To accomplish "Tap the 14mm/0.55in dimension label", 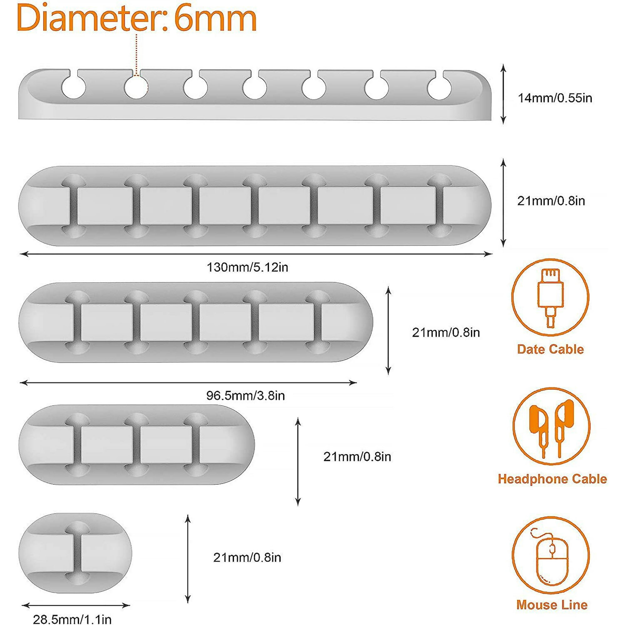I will (555, 98).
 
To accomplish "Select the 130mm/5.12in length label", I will (247, 267).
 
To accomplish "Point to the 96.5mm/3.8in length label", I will (245, 395).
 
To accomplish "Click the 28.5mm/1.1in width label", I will (72, 619).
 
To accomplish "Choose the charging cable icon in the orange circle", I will (550, 297).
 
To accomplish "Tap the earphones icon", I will (551, 426).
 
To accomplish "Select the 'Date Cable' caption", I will (550, 349).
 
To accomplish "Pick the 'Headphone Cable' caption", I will (552, 479).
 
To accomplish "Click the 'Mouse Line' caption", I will (552, 605).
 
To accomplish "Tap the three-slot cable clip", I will (137, 444).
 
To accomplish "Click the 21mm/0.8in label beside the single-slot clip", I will (247, 557).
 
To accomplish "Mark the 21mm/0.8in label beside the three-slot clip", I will (357, 457).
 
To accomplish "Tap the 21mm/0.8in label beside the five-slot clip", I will (446, 332).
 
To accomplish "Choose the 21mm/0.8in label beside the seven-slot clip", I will (551, 201).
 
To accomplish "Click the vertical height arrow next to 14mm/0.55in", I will (503, 94).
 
